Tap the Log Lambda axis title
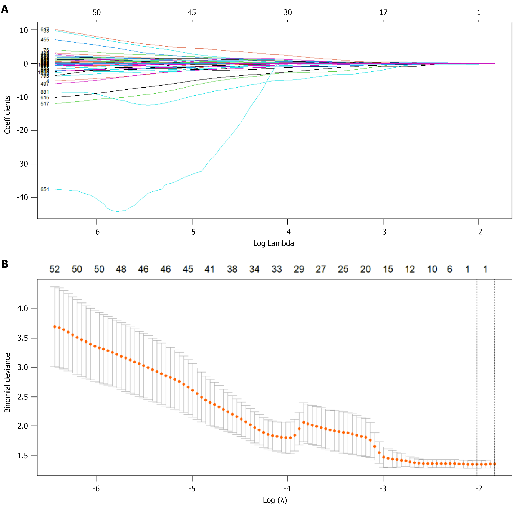coord(274,243)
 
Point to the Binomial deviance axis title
coord(7,383)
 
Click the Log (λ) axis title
coord(275,500)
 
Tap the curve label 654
coord(45,189)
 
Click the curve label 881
coord(45,92)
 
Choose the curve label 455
coord(45,40)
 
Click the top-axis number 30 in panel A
coord(287,12)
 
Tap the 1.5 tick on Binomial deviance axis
coord(23,456)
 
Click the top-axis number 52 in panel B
coord(55,269)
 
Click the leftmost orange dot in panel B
coord(55,327)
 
